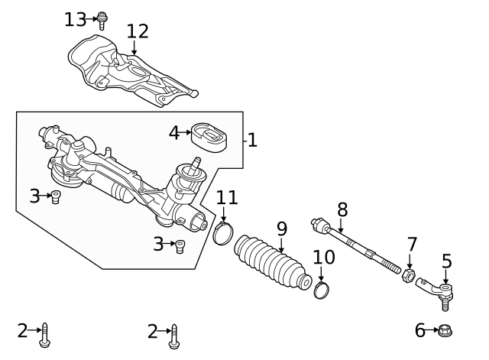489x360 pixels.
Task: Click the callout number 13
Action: coord(75,19)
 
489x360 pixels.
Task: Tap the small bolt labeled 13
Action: coord(102,20)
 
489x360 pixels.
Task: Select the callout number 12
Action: coord(138,31)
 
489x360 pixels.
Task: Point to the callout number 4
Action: coord(174,133)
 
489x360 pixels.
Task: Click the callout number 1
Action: coord(252,140)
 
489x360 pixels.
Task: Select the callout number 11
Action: coord(226,198)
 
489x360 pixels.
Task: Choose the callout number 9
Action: coord(281,228)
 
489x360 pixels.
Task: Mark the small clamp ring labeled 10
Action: coord(322,290)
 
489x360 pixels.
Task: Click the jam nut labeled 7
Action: coord(409,274)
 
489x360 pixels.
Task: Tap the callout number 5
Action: coord(447,261)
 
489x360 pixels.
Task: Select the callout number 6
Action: coord(419,330)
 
